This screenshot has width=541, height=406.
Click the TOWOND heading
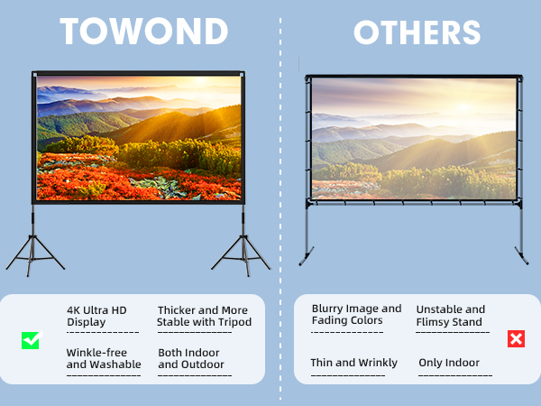tap(144, 32)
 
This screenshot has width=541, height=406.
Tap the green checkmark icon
tap(32, 340)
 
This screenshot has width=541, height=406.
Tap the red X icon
tap(516, 339)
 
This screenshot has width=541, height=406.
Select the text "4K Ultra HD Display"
tap(96, 316)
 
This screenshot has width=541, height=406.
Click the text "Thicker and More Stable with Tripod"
tap(204, 316)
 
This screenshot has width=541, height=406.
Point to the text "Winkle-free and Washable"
tap(104, 358)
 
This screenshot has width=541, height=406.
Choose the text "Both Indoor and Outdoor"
tap(191, 358)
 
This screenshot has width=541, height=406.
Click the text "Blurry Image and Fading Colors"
tap(356, 315)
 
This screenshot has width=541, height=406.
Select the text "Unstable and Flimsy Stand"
tap(451, 316)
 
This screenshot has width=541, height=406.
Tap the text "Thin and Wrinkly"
tap(353, 363)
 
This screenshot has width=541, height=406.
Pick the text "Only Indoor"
tap(449, 363)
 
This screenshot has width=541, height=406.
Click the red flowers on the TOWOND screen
tap(99, 176)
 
